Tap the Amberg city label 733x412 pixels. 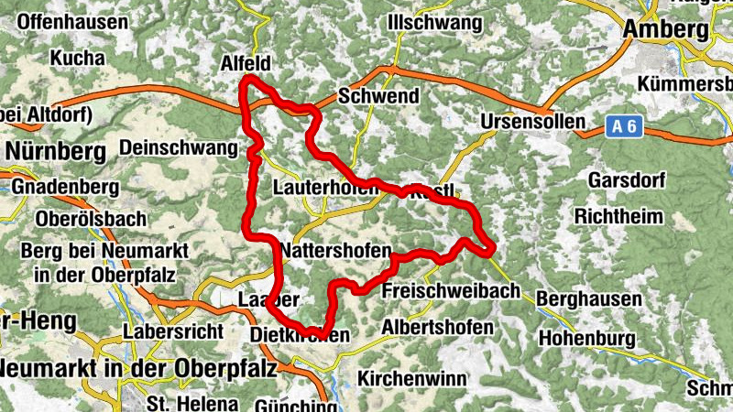coord(666,29)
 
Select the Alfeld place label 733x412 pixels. coord(248,63)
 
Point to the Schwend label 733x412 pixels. coord(378,96)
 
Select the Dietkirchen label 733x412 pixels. coord(300,336)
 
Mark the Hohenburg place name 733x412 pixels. coord(586,339)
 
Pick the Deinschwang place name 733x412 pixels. coord(179,147)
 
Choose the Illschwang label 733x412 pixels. coord(434,21)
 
